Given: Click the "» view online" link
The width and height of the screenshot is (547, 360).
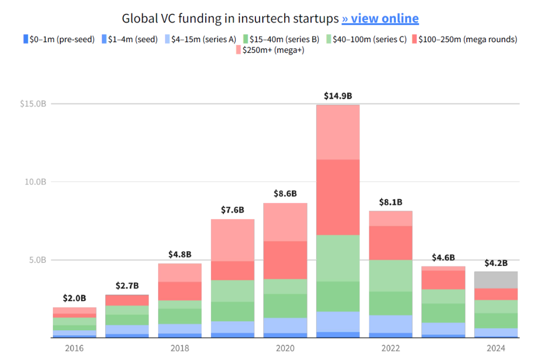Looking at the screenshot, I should [x=380, y=19].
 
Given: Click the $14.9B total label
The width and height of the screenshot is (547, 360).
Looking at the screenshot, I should [x=338, y=96].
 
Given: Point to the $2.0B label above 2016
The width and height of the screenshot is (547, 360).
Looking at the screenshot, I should [x=75, y=298].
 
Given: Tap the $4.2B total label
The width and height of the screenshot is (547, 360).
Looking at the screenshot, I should [x=496, y=263].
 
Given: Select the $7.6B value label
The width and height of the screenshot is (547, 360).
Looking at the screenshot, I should [x=232, y=210].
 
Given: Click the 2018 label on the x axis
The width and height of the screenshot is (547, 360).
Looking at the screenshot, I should [x=180, y=349].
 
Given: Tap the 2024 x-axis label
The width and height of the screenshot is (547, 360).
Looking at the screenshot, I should [x=496, y=349].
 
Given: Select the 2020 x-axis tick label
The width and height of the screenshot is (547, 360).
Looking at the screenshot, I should [x=285, y=349].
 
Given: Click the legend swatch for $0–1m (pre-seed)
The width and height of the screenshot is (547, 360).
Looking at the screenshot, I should [x=26, y=39].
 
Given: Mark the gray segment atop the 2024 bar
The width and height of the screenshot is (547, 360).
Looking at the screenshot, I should [x=496, y=279].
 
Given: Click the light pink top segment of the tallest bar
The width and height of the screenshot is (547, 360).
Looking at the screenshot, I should [x=338, y=132].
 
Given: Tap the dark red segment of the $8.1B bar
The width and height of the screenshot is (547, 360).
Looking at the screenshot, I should [x=390, y=242].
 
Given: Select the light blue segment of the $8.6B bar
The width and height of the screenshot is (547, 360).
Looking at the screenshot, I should [x=285, y=325].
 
